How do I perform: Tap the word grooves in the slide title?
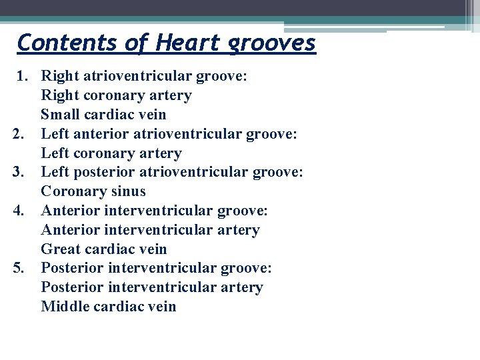(x=271, y=44)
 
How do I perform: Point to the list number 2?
(x=19, y=135)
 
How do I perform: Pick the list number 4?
(x=19, y=211)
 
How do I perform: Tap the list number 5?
(x=19, y=269)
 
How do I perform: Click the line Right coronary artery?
(x=116, y=96)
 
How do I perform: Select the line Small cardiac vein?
(x=103, y=115)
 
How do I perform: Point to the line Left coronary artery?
(x=111, y=153)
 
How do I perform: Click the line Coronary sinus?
(x=93, y=192)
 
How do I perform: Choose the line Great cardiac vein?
(x=104, y=249)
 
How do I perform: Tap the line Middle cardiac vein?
(x=109, y=307)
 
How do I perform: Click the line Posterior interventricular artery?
(x=152, y=287)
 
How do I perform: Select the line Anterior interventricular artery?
(x=150, y=230)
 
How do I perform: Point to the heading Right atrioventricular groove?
(x=144, y=77)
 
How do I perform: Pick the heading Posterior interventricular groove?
(x=156, y=269)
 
